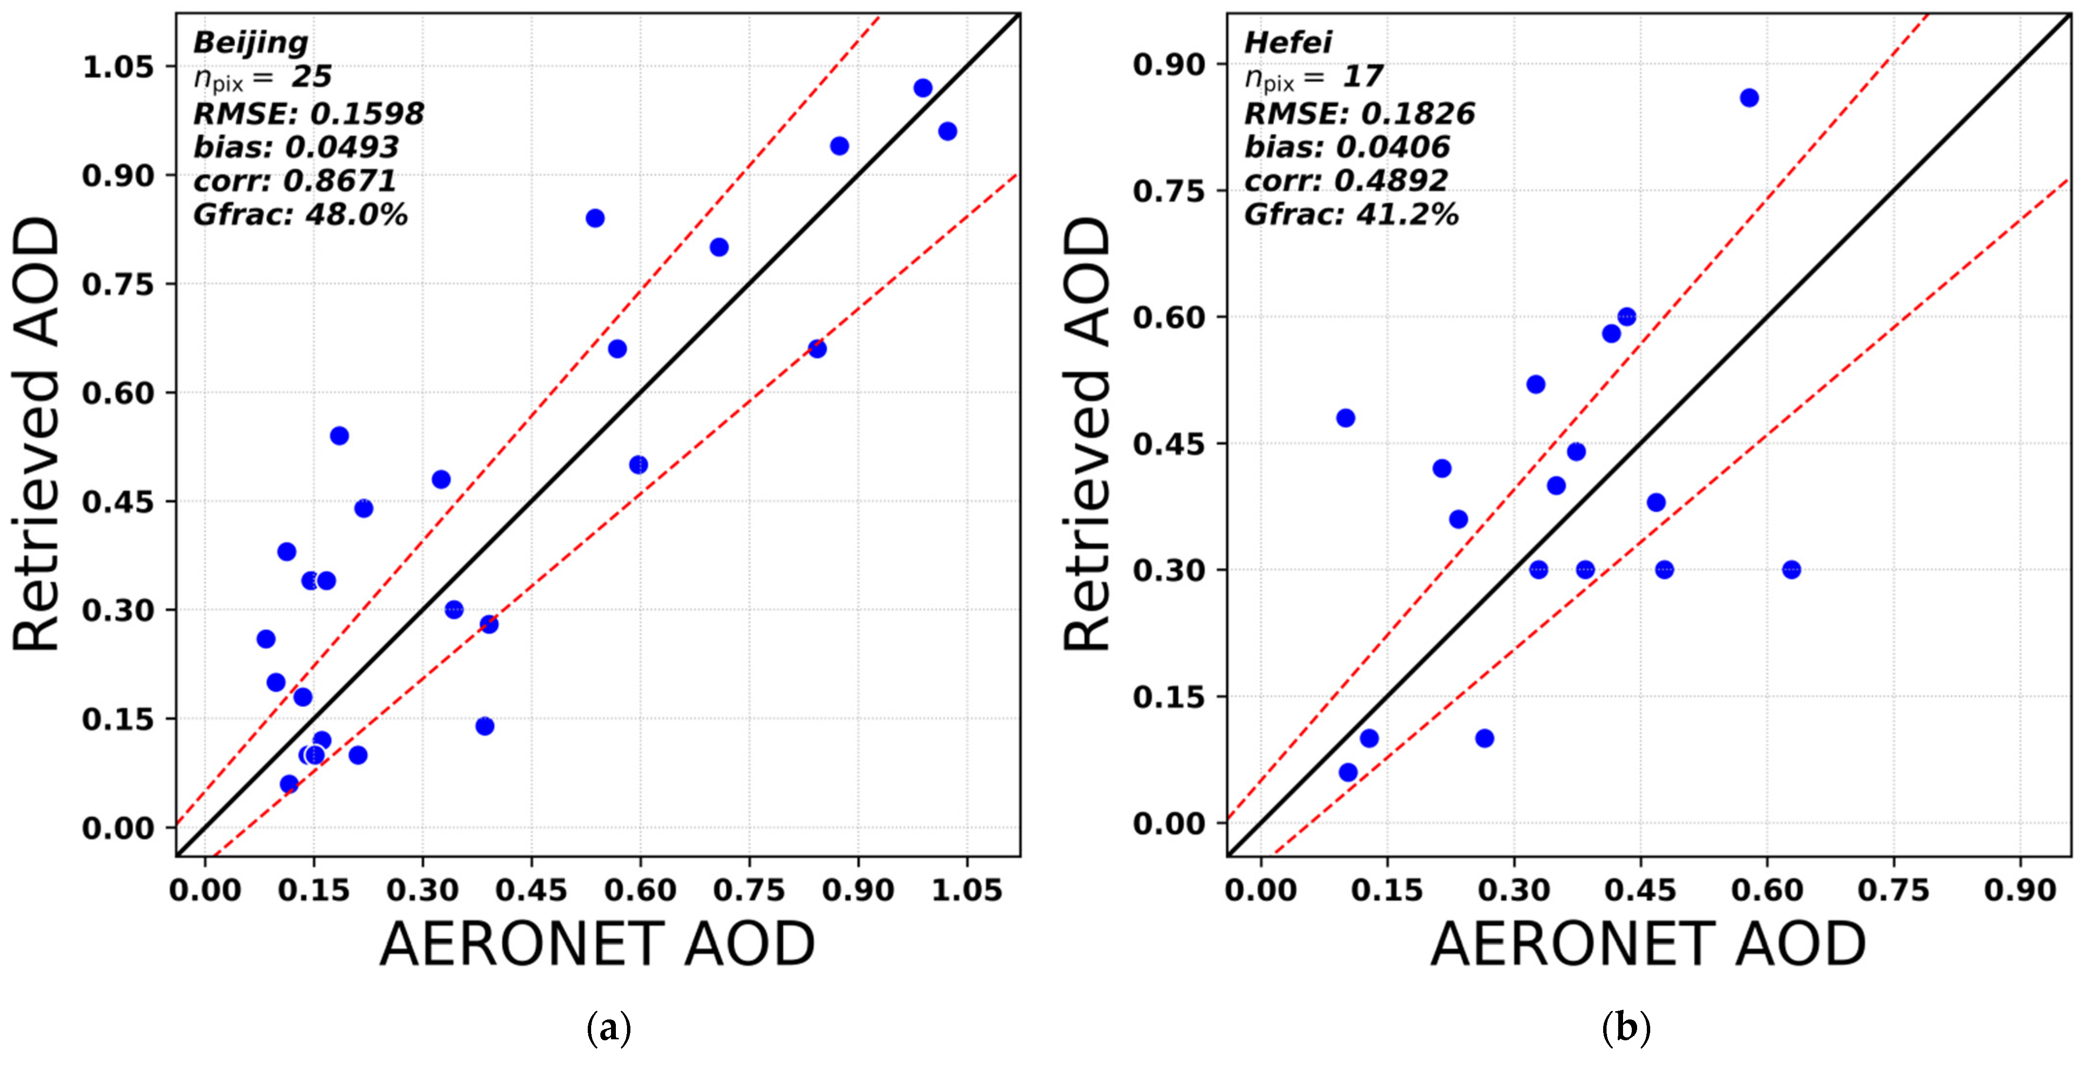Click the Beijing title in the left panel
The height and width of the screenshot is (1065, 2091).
[251, 42]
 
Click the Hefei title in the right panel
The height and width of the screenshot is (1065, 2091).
[1288, 42]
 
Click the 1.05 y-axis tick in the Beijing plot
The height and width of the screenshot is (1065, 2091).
[118, 66]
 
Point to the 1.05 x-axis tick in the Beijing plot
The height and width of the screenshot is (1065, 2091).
[966, 890]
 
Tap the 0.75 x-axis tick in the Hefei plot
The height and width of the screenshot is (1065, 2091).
[1893, 890]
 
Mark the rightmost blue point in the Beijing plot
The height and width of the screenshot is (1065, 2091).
[947, 131]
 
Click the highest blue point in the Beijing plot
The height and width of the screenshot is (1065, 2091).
[923, 88]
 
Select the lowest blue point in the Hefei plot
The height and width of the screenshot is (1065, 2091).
[1348, 772]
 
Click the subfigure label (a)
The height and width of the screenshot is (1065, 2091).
[608, 1029]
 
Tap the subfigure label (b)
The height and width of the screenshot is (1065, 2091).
[1626, 1029]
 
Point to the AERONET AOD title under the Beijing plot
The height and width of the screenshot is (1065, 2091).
[597, 944]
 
